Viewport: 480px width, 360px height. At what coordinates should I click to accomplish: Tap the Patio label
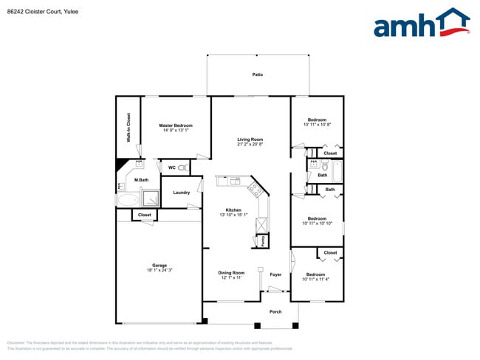[x=258, y=75]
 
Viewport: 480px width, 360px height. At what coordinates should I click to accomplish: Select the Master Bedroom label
[x=176, y=125]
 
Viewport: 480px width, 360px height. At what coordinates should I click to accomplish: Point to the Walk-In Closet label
[x=128, y=127]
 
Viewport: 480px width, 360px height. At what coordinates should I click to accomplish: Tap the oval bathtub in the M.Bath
[x=128, y=199]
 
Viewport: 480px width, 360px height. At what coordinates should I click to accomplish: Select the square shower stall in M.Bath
[x=151, y=198]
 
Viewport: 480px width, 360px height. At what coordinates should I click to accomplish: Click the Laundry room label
[x=181, y=193]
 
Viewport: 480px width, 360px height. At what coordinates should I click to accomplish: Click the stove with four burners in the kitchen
[x=254, y=189]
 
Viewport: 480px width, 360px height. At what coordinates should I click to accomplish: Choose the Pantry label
[x=263, y=240]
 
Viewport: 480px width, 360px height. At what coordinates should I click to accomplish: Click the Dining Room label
[x=231, y=274]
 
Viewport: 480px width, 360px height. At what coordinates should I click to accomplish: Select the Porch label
[x=275, y=311]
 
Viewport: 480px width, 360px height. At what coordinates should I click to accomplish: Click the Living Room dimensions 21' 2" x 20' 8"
[x=250, y=145]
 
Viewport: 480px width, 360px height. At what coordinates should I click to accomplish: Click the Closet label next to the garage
[x=144, y=215]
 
